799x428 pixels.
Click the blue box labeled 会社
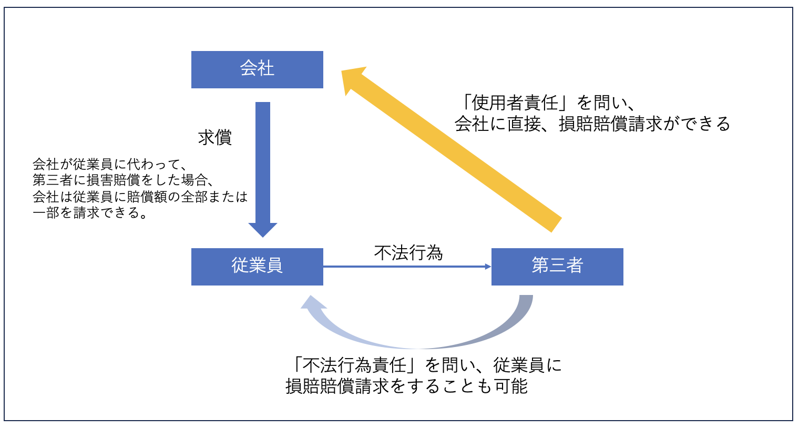point(257,69)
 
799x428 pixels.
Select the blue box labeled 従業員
point(257,267)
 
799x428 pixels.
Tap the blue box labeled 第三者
point(557,267)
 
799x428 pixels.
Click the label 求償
point(214,138)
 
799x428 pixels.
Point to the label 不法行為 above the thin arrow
point(408,253)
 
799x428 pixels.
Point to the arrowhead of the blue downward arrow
point(263,229)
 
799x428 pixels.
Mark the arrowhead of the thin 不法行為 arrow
point(488,267)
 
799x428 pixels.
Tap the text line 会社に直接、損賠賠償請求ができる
point(592,124)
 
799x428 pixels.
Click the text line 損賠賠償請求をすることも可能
point(406,386)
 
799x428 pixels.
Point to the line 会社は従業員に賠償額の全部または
point(140,197)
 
